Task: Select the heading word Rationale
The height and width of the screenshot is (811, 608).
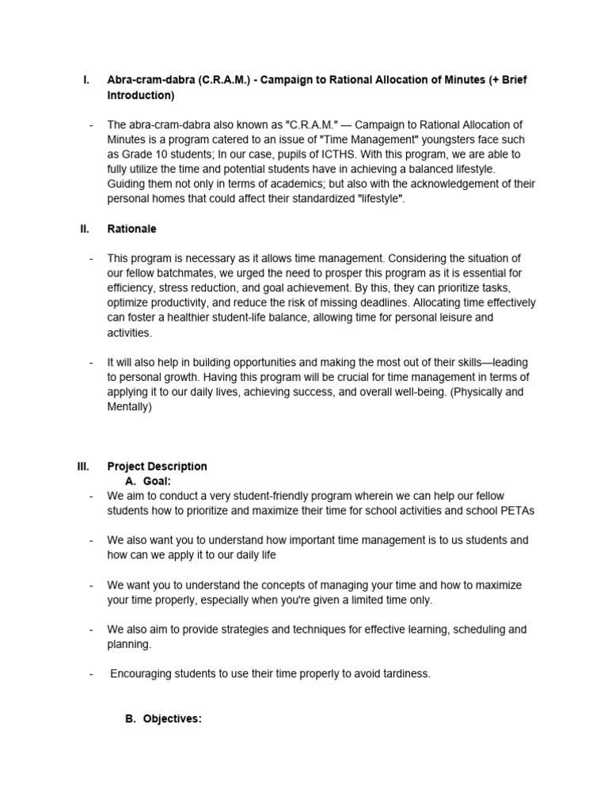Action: coord(131,229)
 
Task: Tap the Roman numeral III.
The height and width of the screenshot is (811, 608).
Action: coord(83,466)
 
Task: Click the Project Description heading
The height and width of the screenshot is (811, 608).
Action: coord(157,466)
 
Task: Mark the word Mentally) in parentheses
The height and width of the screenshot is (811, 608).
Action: coord(129,407)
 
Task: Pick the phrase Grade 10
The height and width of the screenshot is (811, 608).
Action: coord(143,154)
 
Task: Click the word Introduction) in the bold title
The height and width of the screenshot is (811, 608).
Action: coord(140,95)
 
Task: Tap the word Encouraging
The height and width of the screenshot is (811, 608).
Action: coord(142,674)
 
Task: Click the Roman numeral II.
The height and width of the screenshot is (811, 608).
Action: coord(84,229)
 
